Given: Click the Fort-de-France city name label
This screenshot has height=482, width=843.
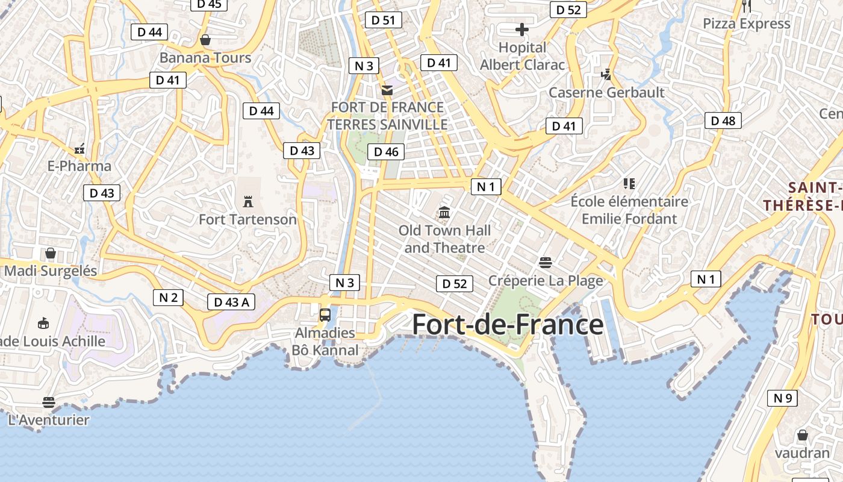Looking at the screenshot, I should tap(508, 325).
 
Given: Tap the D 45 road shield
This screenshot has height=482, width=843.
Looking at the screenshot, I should tap(209, 4).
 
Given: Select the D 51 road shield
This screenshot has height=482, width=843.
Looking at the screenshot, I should tap(383, 20).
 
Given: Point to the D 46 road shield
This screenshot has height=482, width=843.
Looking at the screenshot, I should tap(386, 152).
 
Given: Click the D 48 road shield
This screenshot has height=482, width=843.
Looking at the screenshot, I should tap(723, 120).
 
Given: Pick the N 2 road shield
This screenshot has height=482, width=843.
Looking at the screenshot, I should tap(168, 297).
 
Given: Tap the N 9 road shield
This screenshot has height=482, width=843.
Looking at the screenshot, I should tap(782, 398).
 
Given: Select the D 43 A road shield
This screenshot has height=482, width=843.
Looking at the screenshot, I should tap(231, 302).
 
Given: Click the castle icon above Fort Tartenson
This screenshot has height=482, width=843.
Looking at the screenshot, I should tap(247, 201).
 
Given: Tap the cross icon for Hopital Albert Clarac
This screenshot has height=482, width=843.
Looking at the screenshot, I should tap(522, 29).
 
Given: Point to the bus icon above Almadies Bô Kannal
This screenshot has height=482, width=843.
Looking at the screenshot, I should tap(325, 315).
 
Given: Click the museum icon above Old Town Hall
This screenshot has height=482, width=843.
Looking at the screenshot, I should tap(445, 212).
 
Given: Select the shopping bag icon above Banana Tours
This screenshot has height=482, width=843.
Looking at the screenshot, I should tap(205, 40).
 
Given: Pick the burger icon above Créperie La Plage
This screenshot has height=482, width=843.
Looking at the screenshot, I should tap(546, 262).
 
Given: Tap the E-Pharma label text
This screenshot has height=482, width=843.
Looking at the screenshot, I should tap(79, 166).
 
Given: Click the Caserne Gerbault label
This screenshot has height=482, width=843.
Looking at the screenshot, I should tap(606, 92).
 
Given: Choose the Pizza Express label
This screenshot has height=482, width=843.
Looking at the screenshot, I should tap(747, 23).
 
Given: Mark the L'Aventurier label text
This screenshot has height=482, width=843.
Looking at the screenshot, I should tap(49, 420).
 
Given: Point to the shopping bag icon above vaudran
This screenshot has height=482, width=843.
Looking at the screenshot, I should tap(802, 434).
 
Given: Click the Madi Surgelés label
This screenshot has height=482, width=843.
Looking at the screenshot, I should tap(51, 271).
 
